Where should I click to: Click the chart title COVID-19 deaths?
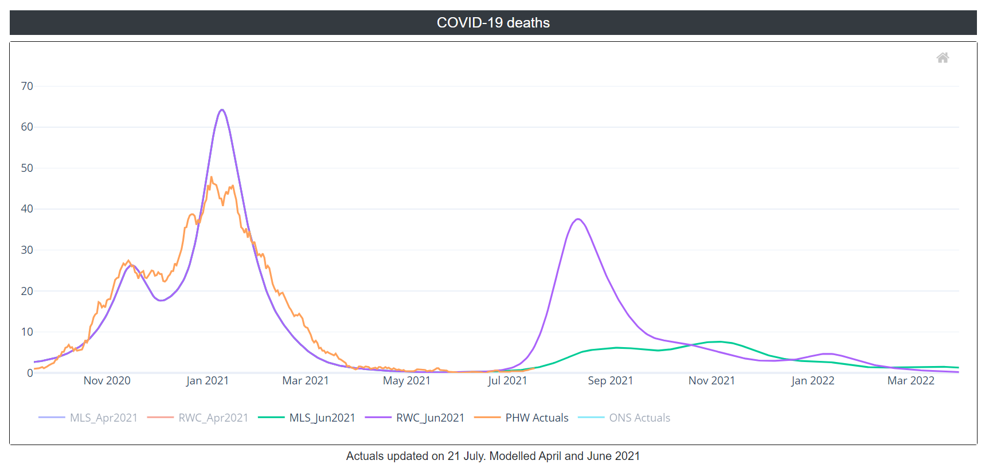(493, 23)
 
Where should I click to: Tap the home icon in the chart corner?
(943, 58)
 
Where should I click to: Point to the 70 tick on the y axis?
(27, 86)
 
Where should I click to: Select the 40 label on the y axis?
(27, 209)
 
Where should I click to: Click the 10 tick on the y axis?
(27, 332)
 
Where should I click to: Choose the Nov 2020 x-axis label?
(107, 381)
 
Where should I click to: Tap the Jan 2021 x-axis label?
(207, 381)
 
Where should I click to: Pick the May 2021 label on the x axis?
(406, 381)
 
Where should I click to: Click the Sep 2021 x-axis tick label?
(610, 381)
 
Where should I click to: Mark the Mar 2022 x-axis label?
(910, 381)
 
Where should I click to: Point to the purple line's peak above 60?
(222, 110)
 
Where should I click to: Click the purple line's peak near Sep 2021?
(578, 219)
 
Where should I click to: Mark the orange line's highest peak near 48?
(211, 177)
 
